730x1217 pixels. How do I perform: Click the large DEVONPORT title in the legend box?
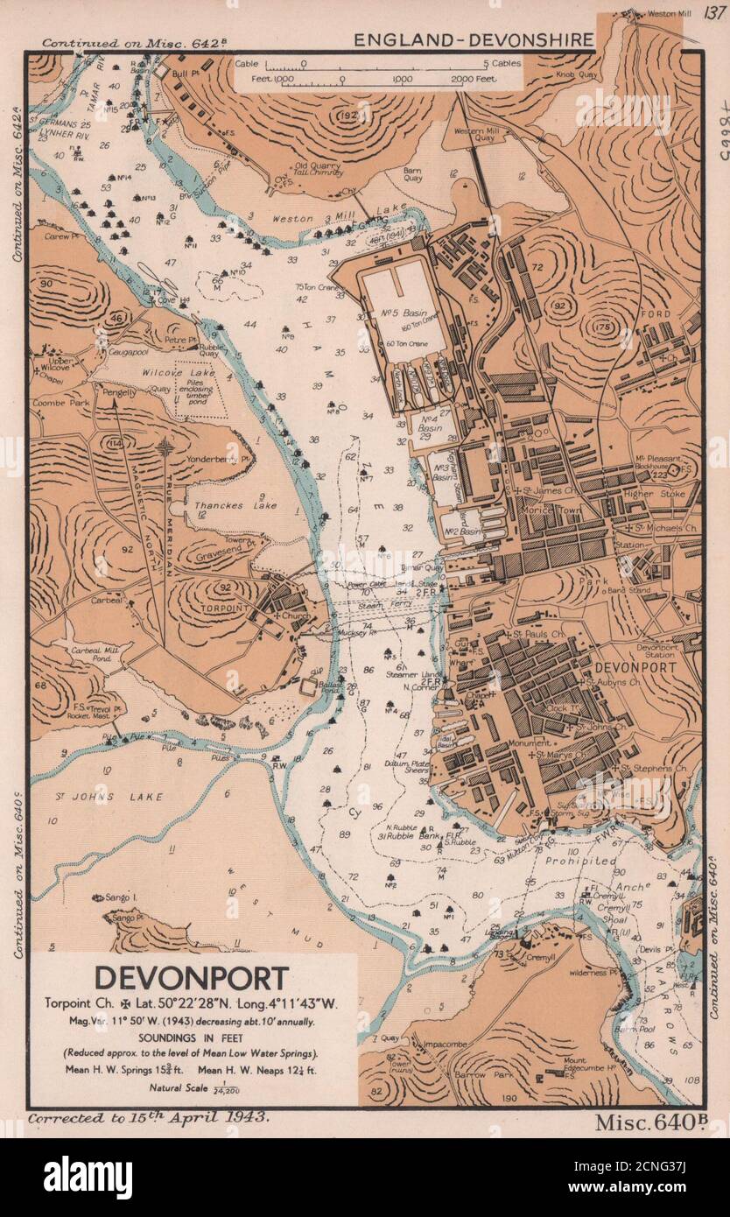[192, 976]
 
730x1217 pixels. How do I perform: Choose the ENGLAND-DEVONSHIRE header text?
[474, 40]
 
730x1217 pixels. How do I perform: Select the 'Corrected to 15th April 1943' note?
[149, 1120]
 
